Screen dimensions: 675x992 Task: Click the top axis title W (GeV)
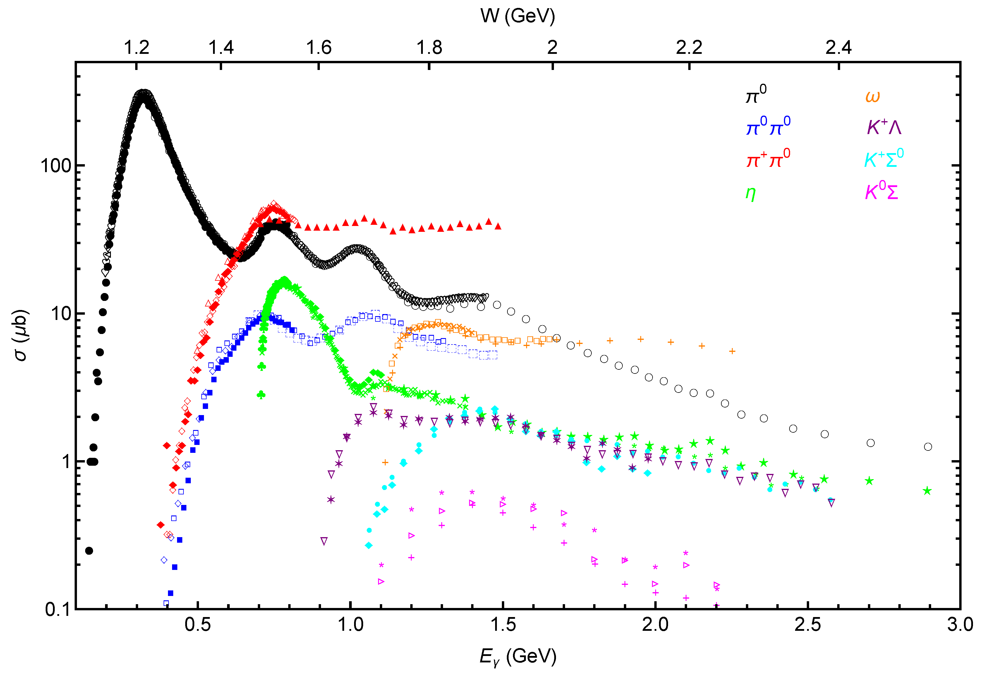[x=517, y=16]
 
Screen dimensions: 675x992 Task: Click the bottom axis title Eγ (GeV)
[x=518, y=656]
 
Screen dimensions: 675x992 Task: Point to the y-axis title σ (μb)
[x=20, y=335]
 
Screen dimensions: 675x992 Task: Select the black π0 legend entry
[x=756, y=94]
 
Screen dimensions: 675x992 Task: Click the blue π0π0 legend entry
[x=768, y=126]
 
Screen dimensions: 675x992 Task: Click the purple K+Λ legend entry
[x=883, y=127]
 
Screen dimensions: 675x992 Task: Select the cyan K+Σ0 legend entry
[x=883, y=159]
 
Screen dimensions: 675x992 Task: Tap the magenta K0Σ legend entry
[x=881, y=191]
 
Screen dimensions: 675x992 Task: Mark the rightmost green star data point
[x=927, y=491]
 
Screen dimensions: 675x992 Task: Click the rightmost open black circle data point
[x=928, y=447]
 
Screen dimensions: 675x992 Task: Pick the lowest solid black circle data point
[x=89, y=551]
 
